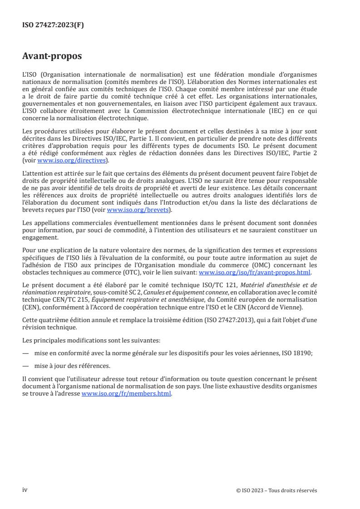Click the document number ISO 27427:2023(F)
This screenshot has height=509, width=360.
pyautogui.click(x=53, y=25)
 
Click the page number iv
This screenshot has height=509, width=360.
pyautogui.click(x=25, y=490)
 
